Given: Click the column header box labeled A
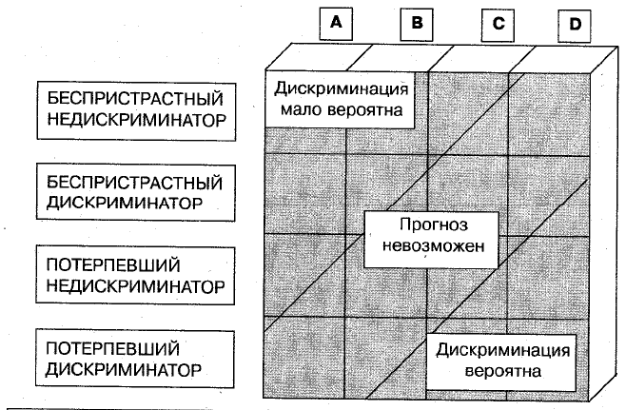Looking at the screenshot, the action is (x=336, y=24).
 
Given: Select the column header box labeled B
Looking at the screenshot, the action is (x=417, y=25).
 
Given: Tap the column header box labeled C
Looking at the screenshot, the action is (x=498, y=26).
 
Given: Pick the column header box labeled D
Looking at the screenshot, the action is (x=574, y=26).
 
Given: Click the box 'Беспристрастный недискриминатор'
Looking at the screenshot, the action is (x=136, y=111).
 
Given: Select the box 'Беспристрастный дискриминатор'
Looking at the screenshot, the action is (x=136, y=193).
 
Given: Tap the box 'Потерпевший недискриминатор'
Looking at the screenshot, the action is (x=135, y=276).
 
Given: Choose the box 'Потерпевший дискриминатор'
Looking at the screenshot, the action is (x=135, y=359).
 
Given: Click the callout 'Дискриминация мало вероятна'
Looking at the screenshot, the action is (x=341, y=99).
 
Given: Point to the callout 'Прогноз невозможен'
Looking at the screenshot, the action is (x=432, y=240).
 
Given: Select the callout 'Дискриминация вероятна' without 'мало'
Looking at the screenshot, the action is (x=501, y=362).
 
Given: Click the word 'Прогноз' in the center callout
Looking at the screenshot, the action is (x=434, y=225).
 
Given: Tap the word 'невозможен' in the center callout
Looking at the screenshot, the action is (x=433, y=245).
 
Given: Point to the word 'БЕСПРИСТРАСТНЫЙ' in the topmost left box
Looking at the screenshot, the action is (x=135, y=99).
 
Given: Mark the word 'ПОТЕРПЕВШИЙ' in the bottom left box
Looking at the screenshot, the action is (x=112, y=348).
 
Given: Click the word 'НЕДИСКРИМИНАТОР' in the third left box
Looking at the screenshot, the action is (x=136, y=286).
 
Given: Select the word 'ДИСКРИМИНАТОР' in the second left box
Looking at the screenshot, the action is (x=125, y=203).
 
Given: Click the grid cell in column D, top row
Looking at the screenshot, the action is (x=549, y=114).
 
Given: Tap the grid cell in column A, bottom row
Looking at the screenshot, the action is (x=303, y=358).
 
